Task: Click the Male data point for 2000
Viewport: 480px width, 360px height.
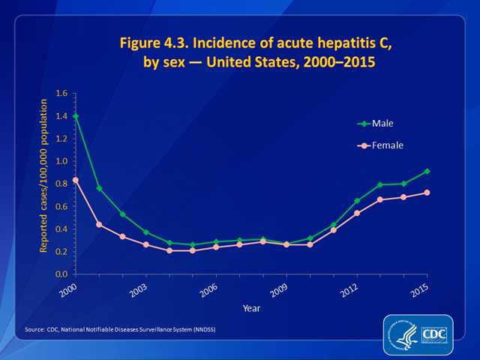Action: (x=76, y=116)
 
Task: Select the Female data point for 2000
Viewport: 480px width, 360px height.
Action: (x=76, y=180)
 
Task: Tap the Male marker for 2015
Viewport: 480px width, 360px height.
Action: (x=427, y=171)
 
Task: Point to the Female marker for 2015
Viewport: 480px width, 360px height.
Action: (x=427, y=193)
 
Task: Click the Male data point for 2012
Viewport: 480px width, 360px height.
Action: (x=356, y=201)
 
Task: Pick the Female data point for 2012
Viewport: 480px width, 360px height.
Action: (x=356, y=213)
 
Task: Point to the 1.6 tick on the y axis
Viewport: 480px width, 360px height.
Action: (x=61, y=94)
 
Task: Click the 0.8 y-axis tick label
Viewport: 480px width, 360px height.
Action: (x=61, y=184)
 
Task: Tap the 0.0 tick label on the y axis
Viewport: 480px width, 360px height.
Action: (x=61, y=274)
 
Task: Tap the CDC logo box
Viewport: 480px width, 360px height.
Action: (x=434, y=333)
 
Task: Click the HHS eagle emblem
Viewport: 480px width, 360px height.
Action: (x=403, y=334)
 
